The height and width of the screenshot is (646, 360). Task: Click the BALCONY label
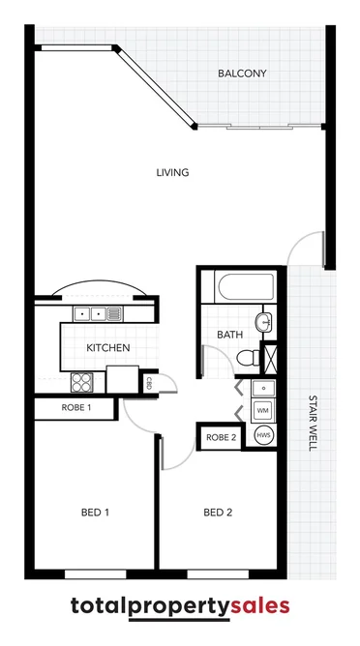tap(241, 73)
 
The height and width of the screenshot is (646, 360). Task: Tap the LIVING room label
tap(172, 173)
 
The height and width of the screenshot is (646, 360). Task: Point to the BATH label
tap(229, 335)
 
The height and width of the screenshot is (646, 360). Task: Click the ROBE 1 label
tap(75, 408)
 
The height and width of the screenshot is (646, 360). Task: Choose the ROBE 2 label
tap(221, 438)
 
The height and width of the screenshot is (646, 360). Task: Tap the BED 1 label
tap(94, 512)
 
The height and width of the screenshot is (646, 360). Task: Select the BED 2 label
tap(218, 512)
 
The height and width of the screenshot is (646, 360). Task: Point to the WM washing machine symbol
tap(262, 411)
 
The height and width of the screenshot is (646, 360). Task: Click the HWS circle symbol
tap(262, 436)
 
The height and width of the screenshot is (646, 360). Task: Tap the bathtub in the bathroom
tap(247, 287)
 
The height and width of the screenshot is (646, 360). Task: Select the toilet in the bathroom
tap(246, 358)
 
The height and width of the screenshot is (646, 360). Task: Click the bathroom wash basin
tap(263, 321)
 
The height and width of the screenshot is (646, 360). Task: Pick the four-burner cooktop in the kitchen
tap(83, 381)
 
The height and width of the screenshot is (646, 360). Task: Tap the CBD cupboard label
tap(150, 383)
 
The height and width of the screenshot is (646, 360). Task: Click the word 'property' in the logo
tap(177, 607)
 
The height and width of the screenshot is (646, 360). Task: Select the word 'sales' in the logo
tap(259, 606)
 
